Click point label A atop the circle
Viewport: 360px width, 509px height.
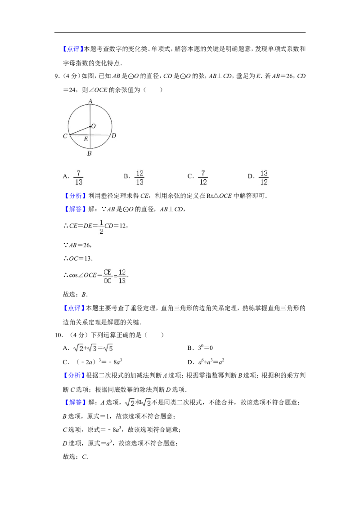point(90,101)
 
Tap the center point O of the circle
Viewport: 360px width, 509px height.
point(90,127)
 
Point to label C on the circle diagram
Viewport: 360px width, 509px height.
point(65,136)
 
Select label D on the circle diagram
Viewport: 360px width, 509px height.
point(114,135)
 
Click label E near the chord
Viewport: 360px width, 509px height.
point(86,139)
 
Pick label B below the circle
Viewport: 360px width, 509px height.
point(90,153)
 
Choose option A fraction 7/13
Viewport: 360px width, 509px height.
point(78,178)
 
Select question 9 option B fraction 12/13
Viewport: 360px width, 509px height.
point(139,178)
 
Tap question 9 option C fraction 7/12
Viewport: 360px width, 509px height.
point(203,178)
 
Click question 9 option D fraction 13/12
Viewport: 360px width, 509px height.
point(264,178)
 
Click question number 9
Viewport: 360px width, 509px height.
point(57,76)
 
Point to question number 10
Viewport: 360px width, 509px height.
point(58,335)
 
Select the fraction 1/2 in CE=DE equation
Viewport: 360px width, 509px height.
point(101,227)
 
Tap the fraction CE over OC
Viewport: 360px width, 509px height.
point(108,277)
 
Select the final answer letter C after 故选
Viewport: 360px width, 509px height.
point(85,457)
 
